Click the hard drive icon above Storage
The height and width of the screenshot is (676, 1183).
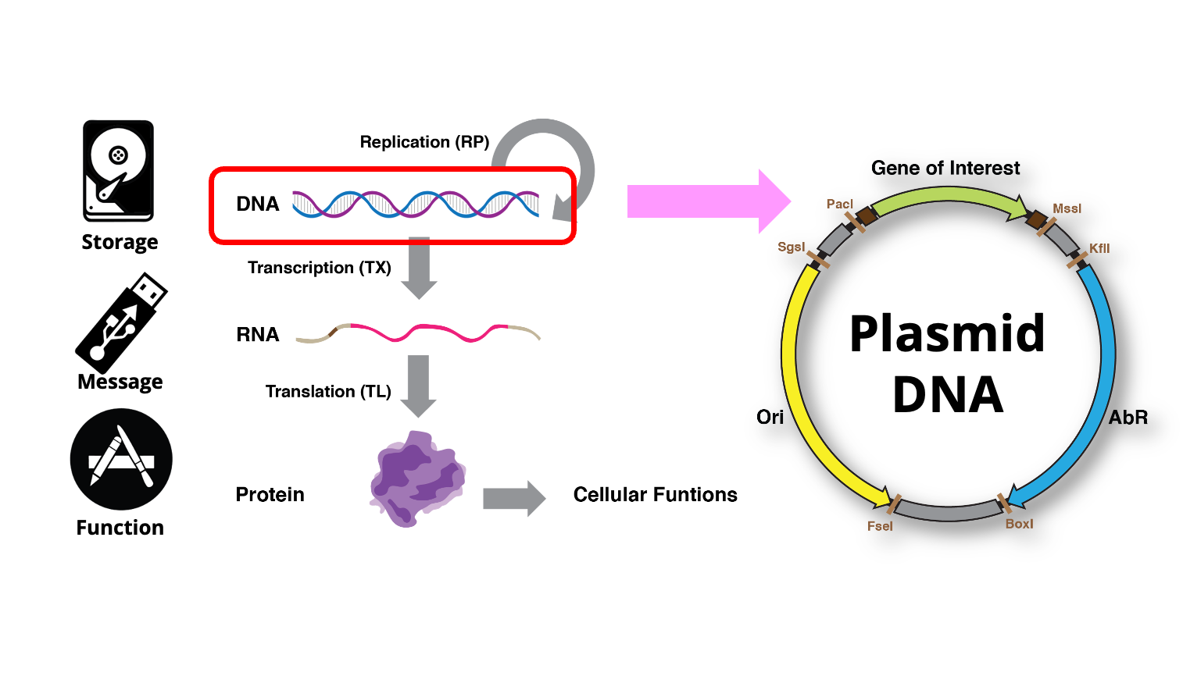(118, 171)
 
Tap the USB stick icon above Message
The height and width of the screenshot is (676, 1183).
(123, 322)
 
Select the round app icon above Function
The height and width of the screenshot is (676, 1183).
(121, 459)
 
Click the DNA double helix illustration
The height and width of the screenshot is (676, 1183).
(415, 204)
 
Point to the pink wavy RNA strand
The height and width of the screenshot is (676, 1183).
(418, 333)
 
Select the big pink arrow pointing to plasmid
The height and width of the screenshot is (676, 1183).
(707, 201)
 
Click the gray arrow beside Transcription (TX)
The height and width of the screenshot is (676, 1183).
(420, 268)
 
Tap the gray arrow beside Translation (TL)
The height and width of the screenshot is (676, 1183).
(419, 386)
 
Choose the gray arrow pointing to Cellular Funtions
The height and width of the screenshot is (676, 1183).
(513, 498)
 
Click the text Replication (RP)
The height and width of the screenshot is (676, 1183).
(424, 142)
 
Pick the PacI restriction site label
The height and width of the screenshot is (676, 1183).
(839, 205)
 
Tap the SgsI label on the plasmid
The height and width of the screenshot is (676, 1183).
(791, 247)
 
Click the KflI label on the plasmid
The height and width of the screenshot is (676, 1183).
(1099, 248)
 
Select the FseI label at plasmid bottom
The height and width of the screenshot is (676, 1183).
(880, 526)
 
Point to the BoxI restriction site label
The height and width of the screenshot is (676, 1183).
(1019, 524)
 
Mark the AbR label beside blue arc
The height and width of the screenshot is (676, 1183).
(1128, 418)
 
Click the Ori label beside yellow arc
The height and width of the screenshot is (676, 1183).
(770, 417)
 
